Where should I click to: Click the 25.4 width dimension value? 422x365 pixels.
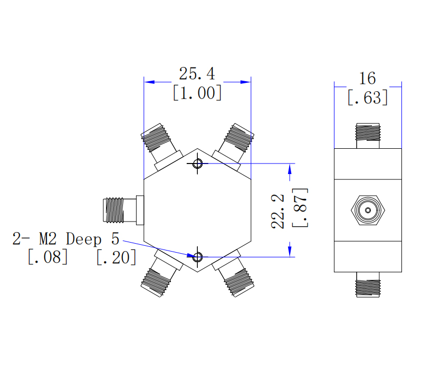(x=197, y=73)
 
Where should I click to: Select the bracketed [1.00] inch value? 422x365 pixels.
(x=197, y=93)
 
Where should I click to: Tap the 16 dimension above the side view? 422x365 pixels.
(x=367, y=79)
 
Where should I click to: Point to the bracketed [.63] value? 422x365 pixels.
(x=368, y=98)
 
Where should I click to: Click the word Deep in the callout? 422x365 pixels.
(x=83, y=239)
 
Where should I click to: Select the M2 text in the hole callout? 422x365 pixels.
(x=48, y=239)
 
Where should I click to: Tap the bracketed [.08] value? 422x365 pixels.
(x=47, y=257)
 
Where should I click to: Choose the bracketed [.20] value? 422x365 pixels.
(x=116, y=257)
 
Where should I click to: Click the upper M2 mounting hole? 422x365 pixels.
(x=198, y=164)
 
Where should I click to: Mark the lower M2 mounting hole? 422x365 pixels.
(x=198, y=257)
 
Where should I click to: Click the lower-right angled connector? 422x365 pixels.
(x=234, y=274)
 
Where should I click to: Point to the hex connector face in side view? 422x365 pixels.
(x=368, y=210)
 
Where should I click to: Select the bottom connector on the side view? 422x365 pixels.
(x=368, y=285)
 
